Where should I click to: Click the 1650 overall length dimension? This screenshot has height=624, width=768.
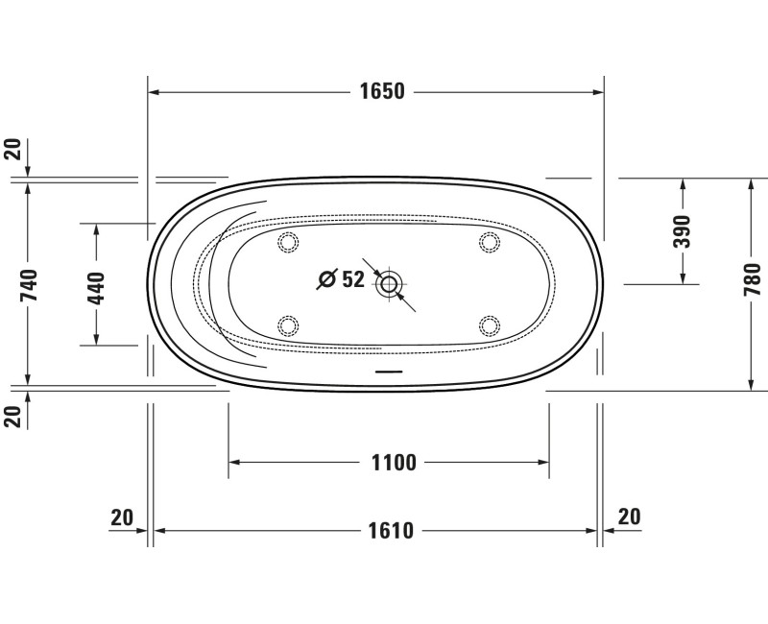(382, 91)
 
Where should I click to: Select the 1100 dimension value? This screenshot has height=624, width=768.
(394, 463)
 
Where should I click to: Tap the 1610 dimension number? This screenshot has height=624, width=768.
(391, 531)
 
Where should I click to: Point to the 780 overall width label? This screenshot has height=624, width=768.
(753, 279)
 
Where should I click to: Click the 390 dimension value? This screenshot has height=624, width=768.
(682, 231)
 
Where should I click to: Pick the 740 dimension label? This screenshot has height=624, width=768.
(29, 285)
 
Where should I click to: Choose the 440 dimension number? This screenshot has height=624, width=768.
(96, 288)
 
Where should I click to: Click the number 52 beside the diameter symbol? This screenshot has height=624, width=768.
(353, 279)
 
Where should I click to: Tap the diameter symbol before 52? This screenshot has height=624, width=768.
(327, 279)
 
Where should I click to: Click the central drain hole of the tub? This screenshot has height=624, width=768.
(389, 283)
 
